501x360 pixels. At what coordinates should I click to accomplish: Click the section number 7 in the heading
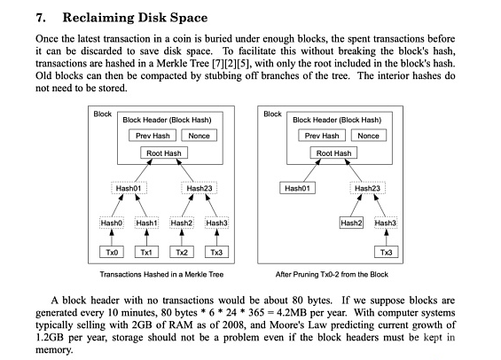click(40, 18)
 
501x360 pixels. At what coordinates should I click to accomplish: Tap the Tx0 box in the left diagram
click(112, 252)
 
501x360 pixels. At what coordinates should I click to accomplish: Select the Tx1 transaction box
click(146, 252)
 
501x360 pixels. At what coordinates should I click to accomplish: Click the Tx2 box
click(182, 252)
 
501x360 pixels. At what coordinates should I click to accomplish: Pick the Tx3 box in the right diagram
click(386, 252)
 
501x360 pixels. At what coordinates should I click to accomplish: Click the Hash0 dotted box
click(112, 223)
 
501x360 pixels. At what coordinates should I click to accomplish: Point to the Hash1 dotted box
click(146, 223)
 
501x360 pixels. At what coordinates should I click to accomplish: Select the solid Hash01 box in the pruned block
click(297, 188)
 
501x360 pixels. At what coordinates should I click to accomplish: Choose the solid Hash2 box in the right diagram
click(351, 223)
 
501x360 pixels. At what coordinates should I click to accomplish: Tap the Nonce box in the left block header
click(199, 136)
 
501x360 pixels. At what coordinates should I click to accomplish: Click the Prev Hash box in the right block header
click(322, 136)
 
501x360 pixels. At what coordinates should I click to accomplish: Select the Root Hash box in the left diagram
click(164, 153)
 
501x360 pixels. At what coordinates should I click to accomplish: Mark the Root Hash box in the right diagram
click(333, 153)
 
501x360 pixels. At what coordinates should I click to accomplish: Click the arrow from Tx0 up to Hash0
click(112, 238)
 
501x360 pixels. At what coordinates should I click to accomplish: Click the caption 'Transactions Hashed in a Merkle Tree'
click(161, 274)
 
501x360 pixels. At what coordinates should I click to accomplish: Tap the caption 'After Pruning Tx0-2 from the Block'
click(332, 274)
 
